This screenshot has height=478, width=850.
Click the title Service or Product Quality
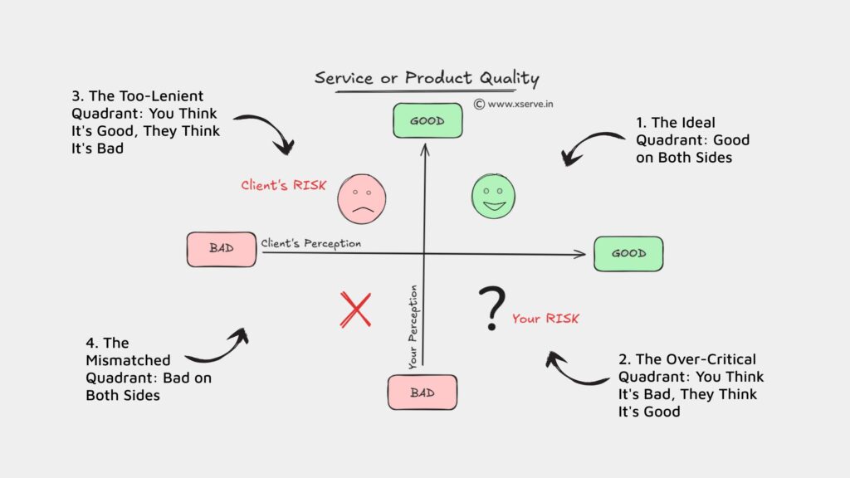point(427,79)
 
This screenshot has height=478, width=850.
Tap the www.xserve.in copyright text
point(513,105)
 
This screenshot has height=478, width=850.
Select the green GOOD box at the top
point(427,120)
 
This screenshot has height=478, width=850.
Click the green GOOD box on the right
point(628,253)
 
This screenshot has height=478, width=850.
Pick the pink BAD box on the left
point(222,249)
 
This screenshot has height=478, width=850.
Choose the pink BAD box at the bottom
point(422,393)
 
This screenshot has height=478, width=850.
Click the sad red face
point(362,199)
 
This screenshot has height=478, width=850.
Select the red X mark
point(355,310)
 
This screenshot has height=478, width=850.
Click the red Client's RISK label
point(283,186)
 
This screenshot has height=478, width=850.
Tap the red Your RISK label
point(545,318)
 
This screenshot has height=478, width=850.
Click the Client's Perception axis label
point(311,244)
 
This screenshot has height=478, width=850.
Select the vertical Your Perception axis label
point(413,327)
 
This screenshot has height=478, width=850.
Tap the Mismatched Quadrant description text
point(129,369)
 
